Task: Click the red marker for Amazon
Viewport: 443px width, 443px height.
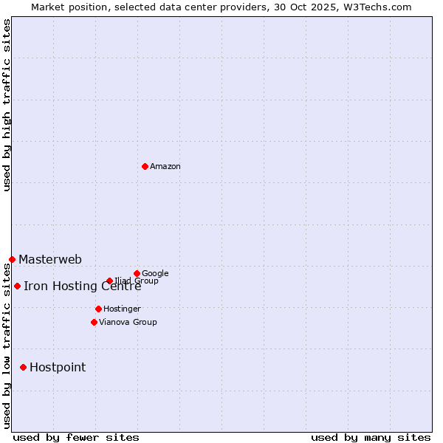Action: (145, 166)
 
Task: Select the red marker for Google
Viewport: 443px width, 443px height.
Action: (137, 273)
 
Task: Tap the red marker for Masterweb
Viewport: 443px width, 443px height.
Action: (12, 259)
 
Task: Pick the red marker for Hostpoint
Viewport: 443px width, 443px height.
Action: (23, 367)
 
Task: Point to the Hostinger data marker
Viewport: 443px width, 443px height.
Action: (98, 309)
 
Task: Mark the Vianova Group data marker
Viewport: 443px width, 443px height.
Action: (94, 322)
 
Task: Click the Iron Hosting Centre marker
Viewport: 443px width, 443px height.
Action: (17, 286)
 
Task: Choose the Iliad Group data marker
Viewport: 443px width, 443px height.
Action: (109, 281)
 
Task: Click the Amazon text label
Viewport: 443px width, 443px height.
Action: (165, 166)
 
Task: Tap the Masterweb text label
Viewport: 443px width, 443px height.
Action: (50, 259)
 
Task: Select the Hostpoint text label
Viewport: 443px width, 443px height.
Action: (58, 367)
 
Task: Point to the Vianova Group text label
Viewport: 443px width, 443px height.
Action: (128, 322)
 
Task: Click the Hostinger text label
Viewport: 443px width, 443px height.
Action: (122, 309)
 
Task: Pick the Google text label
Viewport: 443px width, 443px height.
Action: (155, 273)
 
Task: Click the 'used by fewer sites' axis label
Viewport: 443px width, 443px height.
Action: (76, 437)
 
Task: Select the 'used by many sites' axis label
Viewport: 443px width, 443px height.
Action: (371, 437)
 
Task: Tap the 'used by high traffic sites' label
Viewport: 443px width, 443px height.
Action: (7, 105)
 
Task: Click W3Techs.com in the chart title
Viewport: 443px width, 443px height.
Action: (380, 7)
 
